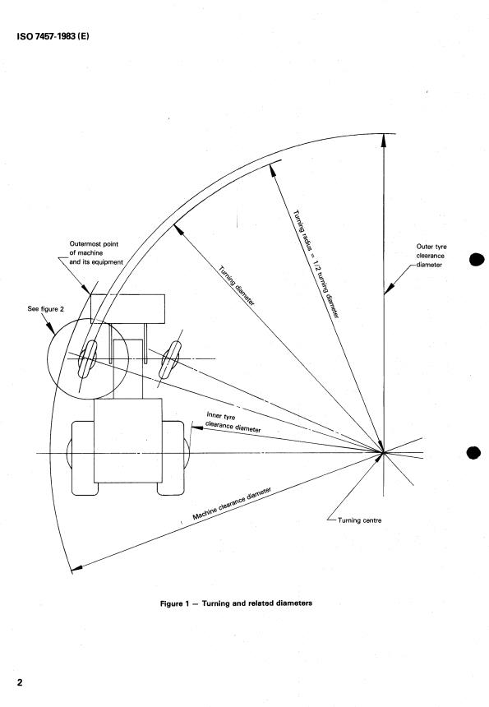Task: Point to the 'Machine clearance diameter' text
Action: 233,503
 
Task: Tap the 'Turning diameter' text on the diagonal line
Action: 236,284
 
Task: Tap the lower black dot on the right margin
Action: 474,452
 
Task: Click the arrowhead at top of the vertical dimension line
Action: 383,140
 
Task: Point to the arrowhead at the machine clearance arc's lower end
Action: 76,568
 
